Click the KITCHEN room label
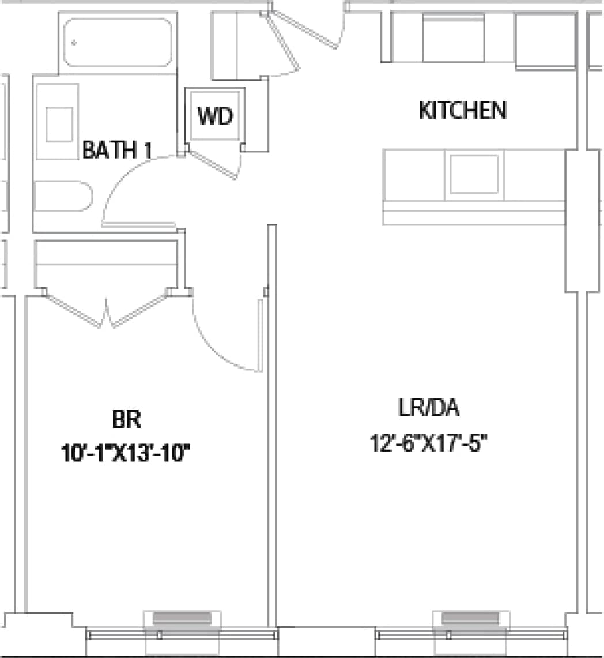click(x=463, y=110)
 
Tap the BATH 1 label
click(x=117, y=151)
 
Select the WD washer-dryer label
click(x=214, y=116)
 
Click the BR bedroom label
click(x=126, y=419)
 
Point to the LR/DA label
click(x=428, y=408)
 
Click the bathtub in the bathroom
click(x=118, y=43)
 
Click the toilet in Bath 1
click(x=62, y=196)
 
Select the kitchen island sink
click(x=474, y=174)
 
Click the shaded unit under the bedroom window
click(x=181, y=619)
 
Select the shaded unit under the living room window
click(x=470, y=619)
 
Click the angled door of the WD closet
click(x=213, y=164)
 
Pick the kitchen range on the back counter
click(x=453, y=38)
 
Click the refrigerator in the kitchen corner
click(x=545, y=40)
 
